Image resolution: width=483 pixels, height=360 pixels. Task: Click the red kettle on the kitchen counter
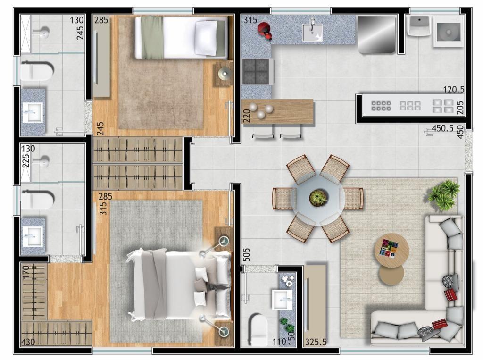click(x=265, y=31)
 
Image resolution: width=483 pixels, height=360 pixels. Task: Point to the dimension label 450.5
click(x=442, y=128)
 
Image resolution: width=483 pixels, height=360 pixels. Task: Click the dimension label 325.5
click(x=316, y=342)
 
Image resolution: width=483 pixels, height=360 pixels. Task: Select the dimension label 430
click(x=28, y=342)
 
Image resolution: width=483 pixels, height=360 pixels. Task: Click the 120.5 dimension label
click(x=454, y=90)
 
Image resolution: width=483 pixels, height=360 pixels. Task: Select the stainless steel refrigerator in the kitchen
click(x=377, y=35)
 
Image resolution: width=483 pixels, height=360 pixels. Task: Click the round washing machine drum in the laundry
click(x=449, y=32)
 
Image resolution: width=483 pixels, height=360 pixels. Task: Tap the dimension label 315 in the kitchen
click(x=250, y=20)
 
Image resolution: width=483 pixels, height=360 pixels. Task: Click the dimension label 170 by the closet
click(x=26, y=272)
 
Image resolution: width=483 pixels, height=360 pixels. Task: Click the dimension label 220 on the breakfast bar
click(x=247, y=116)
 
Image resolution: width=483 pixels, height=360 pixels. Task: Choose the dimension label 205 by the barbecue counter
click(x=460, y=108)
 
